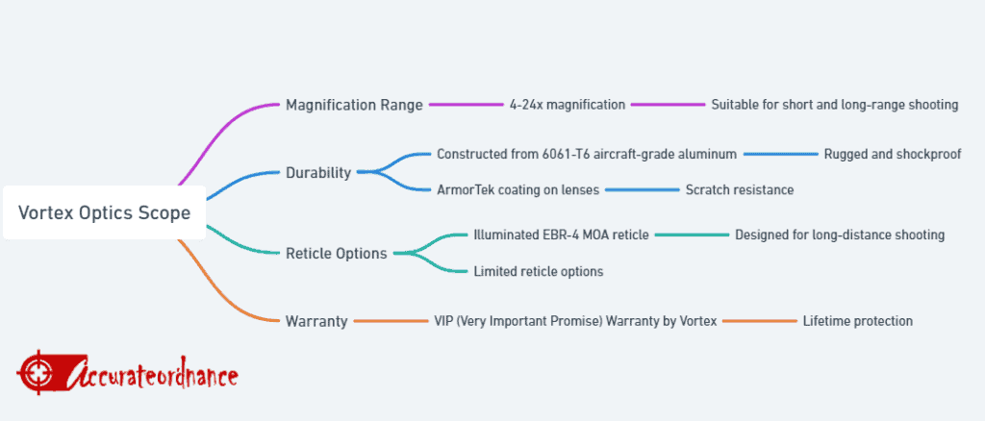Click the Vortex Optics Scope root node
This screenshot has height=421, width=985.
point(104,212)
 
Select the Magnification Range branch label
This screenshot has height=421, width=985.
point(354,105)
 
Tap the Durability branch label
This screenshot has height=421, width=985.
point(318,173)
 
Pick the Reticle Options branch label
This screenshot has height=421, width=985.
point(337,254)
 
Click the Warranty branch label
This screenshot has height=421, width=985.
point(316,321)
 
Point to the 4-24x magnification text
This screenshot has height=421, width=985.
point(568,105)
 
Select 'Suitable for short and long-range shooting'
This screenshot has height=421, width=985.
point(835,105)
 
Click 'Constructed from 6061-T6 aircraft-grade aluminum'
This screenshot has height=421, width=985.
point(587,154)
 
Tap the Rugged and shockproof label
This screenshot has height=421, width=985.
point(893,154)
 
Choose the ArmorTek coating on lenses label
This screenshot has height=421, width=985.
point(518,189)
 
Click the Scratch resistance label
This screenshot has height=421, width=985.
point(740,189)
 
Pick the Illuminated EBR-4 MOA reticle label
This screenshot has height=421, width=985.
point(561,235)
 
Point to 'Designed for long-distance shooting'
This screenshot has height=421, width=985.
point(840,235)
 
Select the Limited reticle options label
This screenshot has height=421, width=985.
point(539,271)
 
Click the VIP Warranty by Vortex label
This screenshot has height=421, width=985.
point(575,321)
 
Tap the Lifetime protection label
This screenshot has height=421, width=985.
point(857,321)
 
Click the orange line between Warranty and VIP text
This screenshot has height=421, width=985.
point(391,321)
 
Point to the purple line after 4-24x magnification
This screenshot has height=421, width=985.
point(669,105)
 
